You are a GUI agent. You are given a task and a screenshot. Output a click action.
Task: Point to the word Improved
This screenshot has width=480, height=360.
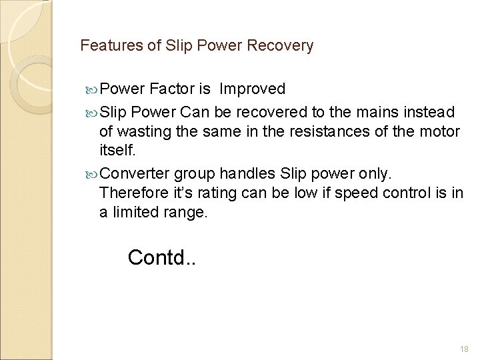pos(253,89)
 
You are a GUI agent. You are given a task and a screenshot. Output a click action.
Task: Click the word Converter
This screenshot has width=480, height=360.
pos(136,174)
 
